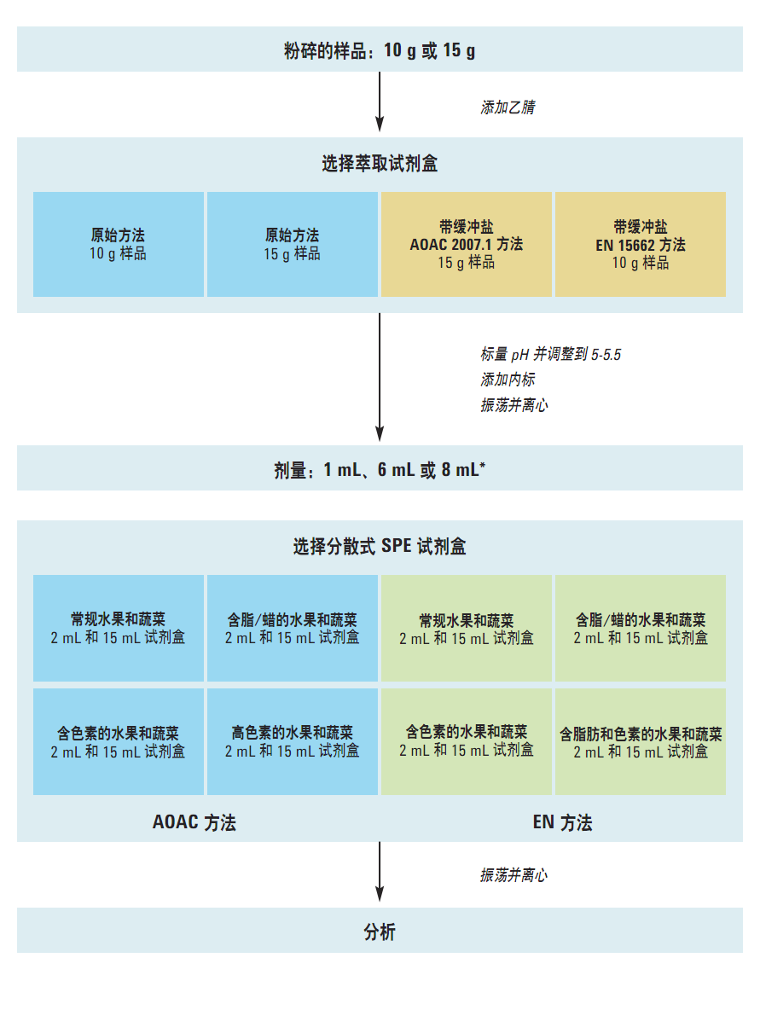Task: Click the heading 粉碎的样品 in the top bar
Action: [x=325, y=51]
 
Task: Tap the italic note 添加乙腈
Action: [x=508, y=107]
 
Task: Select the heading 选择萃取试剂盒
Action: [x=380, y=164]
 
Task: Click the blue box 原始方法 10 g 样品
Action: [x=119, y=244]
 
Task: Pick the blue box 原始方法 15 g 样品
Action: [x=293, y=244]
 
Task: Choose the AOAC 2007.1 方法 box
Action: [x=467, y=244]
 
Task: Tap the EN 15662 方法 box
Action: [x=641, y=244]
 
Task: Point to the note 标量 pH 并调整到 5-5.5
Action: [x=551, y=354]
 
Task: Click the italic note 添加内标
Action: [x=508, y=380]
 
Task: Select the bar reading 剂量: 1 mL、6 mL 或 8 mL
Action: [x=380, y=468]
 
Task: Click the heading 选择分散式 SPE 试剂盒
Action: [x=380, y=546]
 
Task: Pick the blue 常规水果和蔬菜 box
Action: [x=119, y=628]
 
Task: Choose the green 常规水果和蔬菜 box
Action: [x=467, y=628]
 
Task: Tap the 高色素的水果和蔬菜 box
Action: [x=293, y=741]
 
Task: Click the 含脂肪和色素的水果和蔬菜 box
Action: [x=641, y=741]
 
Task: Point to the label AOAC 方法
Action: [x=194, y=822]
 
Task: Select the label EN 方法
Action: [x=562, y=822]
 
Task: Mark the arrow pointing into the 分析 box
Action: [x=380, y=872]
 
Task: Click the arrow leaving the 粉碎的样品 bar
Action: [x=380, y=102]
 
